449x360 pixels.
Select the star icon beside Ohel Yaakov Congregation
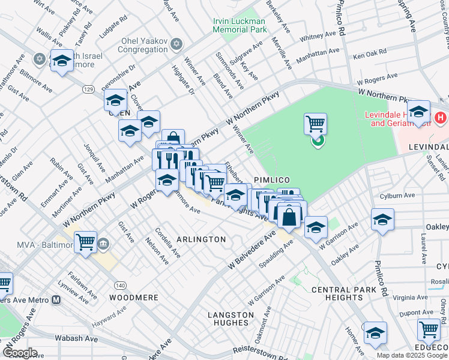point(176,43)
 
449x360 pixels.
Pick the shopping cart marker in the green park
point(315,124)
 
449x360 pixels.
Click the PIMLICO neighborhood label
point(272,180)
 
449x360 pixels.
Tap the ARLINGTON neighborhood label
point(201,239)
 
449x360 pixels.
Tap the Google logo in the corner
point(19,353)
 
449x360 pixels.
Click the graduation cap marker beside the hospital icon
point(418,112)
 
